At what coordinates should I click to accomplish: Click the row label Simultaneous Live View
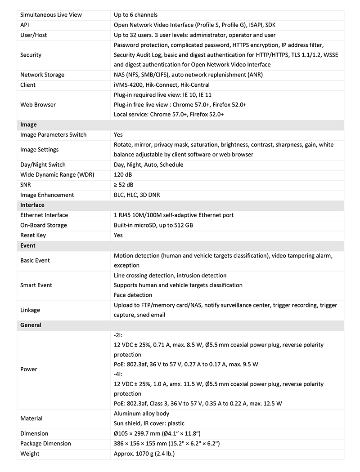[x=51, y=15]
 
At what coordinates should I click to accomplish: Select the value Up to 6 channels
[x=135, y=15]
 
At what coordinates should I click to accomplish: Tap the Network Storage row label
[x=42, y=75]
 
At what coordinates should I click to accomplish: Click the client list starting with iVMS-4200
[x=162, y=85]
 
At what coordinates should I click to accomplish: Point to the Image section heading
[x=28, y=125]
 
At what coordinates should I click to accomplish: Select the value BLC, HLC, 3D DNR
[x=137, y=195]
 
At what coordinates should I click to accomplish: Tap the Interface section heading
[x=32, y=205]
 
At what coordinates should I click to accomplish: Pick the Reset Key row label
[x=33, y=235]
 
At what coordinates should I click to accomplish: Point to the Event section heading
[x=28, y=245]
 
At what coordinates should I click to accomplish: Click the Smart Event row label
[x=36, y=285]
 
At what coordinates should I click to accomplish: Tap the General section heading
[x=31, y=325]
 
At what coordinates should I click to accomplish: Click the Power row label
[x=29, y=369]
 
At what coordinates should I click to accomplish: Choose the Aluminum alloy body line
[x=142, y=414]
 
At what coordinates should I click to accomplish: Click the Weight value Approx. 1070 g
[x=144, y=454]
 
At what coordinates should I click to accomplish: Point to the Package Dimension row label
[x=46, y=443]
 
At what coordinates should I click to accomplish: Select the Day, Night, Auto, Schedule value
[x=148, y=165]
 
